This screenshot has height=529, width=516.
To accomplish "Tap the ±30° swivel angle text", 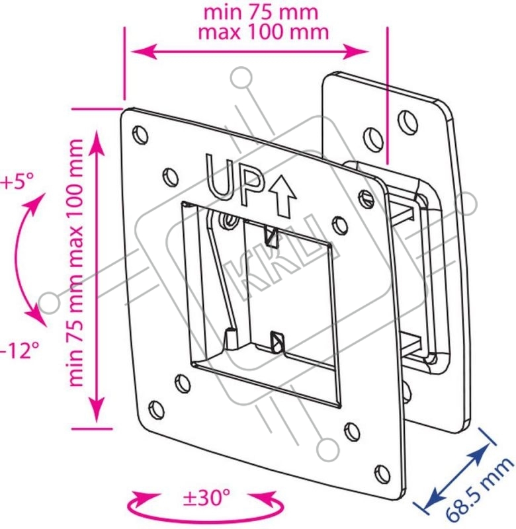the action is tap(206, 497).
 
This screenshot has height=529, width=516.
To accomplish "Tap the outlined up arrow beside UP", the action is tap(282, 197).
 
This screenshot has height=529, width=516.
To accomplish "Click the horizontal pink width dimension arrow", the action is tap(249, 52).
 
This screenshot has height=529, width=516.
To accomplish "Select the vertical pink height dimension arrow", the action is tap(97, 276).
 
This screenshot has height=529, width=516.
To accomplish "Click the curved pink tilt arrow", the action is tap(21, 260).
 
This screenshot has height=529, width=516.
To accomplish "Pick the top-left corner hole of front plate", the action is tap(141, 135).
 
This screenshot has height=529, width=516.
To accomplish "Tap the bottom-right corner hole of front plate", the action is tap(382, 473).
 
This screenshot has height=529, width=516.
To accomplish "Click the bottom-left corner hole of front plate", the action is tap(157, 409).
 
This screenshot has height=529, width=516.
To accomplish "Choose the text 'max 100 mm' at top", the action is tap(263, 32).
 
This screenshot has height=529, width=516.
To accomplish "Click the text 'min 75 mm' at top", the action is tap(261, 13).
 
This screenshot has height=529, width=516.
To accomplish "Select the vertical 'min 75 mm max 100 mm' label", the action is tap(76, 263).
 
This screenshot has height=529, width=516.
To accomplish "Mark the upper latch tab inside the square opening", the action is tap(271, 236).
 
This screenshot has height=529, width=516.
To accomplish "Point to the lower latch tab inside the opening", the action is tap(277, 341).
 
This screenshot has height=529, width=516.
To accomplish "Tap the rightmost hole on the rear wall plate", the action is tap(408, 122).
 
